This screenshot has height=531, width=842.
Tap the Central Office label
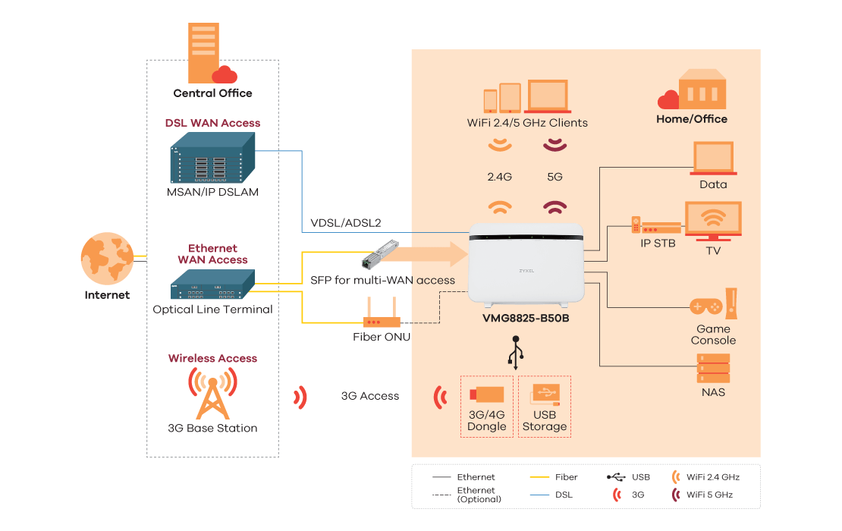tap(212, 93)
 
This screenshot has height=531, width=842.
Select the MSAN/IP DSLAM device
tap(212, 158)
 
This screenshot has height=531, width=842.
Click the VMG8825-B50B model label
tap(526, 318)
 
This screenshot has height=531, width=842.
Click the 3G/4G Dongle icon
tap(486, 394)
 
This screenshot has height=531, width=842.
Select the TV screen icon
tap(712, 220)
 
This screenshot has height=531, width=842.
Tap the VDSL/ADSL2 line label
tap(345, 223)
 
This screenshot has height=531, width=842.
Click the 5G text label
tap(555, 177)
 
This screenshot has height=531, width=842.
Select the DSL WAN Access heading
tap(212, 123)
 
